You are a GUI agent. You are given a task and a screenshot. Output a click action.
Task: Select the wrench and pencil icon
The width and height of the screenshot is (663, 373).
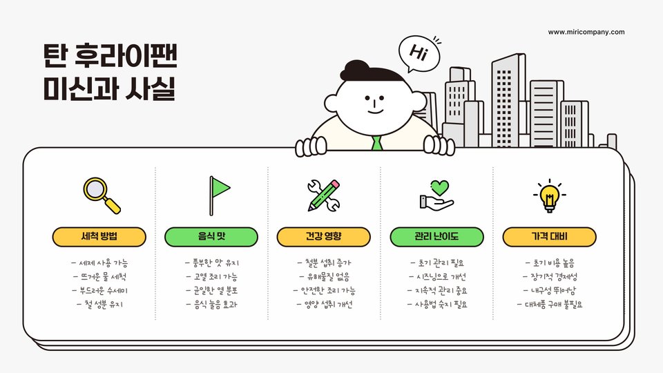pyautogui.click(x=324, y=195)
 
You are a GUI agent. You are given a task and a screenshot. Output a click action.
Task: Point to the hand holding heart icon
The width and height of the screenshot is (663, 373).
pyautogui.click(x=436, y=195)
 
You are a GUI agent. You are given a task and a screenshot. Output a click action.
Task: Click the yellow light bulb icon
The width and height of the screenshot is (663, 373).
pyautogui.click(x=549, y=195)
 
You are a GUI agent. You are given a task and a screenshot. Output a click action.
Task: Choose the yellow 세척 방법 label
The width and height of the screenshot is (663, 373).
pyautogui.click(x=99, y=237)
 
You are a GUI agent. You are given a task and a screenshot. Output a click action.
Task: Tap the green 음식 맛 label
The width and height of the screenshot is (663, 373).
pyautogui.click(x=211, y=237)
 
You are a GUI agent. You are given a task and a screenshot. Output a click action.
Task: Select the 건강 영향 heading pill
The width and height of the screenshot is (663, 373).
pyautogui.click(x=324, y=237)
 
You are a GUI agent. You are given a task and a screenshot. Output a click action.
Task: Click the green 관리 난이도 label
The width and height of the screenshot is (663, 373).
pyautogui.click(x=436, y=237)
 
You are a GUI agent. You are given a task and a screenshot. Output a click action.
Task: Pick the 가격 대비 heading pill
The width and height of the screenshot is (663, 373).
pyautogui.click(x=549, y=237)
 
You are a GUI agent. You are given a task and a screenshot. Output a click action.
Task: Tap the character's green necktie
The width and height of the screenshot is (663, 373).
pyautogui.click(x=376, y=143)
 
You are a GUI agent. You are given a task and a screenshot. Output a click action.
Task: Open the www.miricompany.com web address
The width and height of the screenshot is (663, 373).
pyautogui.click(x=586, y=32)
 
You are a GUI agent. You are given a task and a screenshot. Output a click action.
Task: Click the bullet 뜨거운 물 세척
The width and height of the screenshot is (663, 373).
pyautogui.click(x=99, y=276)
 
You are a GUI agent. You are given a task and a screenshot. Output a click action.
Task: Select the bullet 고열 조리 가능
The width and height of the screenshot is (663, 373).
pyautogui.click(x=211, y=276)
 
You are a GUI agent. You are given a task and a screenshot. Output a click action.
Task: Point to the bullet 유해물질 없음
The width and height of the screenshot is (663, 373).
pyautogui.click(x=324, y=276)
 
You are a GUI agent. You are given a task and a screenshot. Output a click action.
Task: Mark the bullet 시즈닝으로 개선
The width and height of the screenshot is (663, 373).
pyautogui.click(x=436, y=276)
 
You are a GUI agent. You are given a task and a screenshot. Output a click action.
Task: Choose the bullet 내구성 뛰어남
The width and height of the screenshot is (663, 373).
pyautogui.click(x=549, y=290)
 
